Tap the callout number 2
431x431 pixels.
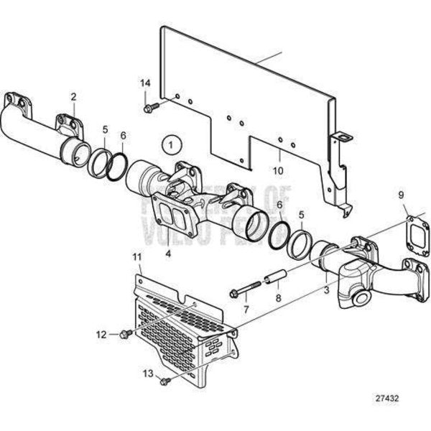tap(73, 96)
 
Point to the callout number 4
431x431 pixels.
tap(168, 253)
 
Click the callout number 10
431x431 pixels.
tap(278, 171)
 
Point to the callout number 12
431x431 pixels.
tap(103, 334)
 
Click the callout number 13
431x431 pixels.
tap(147, 374)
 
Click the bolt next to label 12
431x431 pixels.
tap(126, 333)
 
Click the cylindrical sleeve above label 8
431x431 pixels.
tap(276, 277)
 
